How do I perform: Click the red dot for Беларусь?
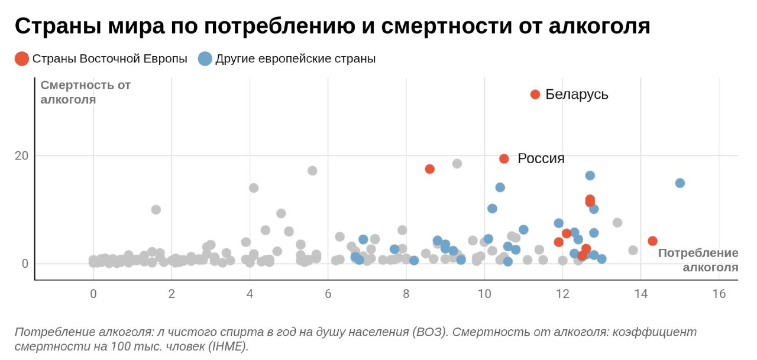(535, 95)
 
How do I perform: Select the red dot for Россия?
(504, 158)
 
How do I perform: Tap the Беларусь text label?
(577, 95)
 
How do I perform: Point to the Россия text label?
(541, 158)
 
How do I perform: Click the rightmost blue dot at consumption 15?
(680, 183)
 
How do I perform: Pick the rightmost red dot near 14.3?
(652, 241)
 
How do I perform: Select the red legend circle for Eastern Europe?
(22, 59)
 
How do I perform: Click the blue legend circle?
(205, 59)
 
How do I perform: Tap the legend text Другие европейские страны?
(295, 59)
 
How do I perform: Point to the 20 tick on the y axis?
(21, 155)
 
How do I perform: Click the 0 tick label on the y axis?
(25, 264)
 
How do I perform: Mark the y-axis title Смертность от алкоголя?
(85, 92)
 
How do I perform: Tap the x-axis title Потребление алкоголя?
(698, 260)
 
